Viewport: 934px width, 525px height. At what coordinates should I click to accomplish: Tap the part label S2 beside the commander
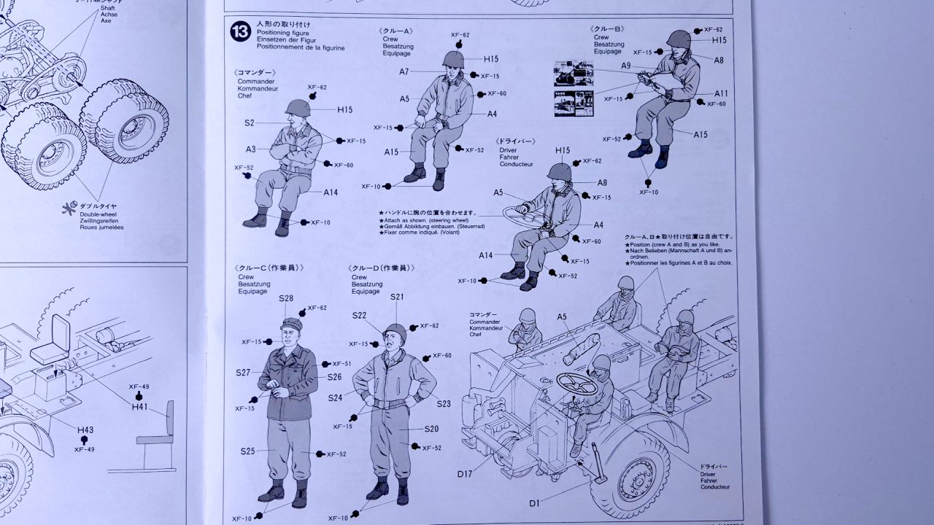pyautogui.click(x=250, y=123)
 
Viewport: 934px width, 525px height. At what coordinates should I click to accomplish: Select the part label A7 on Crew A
pyautogui.click(x=404, y=71)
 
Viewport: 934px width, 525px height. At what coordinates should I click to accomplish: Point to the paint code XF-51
pyautogui.click(x=341, y=364)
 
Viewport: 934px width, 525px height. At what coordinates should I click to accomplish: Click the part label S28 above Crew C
pyautogui.click(x=285, y=298)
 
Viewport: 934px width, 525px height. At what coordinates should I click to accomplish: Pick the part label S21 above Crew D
pyautogui.click(x=397, y=297)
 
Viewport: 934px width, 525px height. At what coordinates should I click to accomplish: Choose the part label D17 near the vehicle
pyautogui.click(x=466, y=475)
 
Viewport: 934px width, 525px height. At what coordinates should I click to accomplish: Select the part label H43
pyautogui.click(x=85, y=430)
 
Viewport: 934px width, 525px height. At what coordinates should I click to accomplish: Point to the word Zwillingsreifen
pyautogui.click(x=101, y=220)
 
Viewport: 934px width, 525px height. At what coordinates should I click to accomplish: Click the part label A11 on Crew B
pyautogui.click(x=721, y=93)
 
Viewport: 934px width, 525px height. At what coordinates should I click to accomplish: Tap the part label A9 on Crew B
pyautogui.click(x=626, y=66)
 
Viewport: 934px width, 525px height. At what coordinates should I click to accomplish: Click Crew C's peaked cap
pyautogui.click(x=291, y=324)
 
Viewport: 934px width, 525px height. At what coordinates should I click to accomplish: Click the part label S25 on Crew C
pyautogui.click(x=247, y=451)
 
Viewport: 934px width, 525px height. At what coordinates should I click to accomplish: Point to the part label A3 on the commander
pyautogui.click(x=250, y=149)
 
